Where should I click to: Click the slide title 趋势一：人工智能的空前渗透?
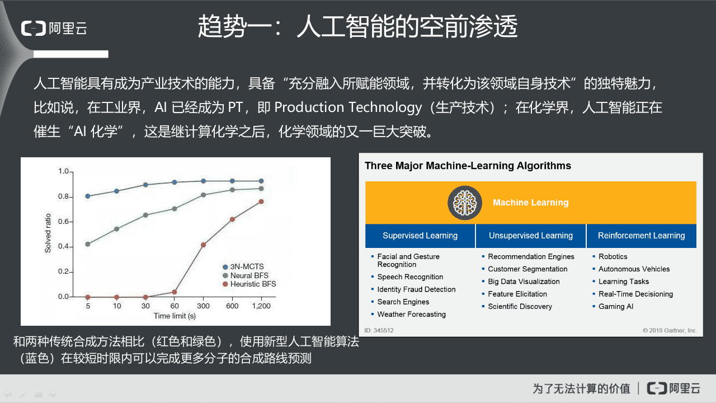point(357,26)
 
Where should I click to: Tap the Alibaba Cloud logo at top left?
point(54,28)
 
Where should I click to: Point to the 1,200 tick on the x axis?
point(261,306)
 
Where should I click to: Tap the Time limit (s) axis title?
point(175,316)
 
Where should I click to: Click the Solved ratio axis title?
point(48,232)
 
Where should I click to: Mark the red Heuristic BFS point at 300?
point(204,245)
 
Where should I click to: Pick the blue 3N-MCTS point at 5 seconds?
point(88,196)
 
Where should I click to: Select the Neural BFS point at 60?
point(175,209)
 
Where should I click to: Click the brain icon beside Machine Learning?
point(464,203)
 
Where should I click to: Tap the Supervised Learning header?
point(420,236)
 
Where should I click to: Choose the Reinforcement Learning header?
point(641,236)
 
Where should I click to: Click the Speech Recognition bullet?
point(410,277)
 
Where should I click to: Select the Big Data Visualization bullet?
point(524,282)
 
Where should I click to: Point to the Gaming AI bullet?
point(616,307)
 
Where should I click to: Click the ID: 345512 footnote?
point(379,330)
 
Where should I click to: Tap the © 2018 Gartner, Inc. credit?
point(670,330)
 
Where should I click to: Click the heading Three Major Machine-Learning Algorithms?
point(468,166)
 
